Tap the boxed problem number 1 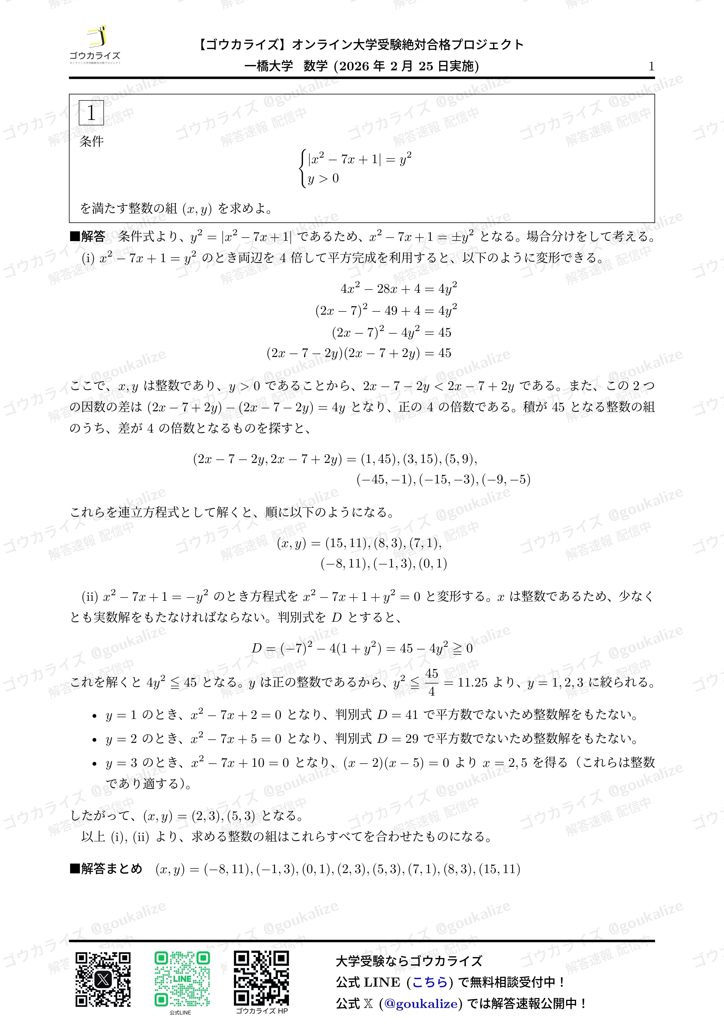91,113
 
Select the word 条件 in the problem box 91,142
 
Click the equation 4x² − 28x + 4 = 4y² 399,289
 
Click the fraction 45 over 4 432,682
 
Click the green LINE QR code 182,979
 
